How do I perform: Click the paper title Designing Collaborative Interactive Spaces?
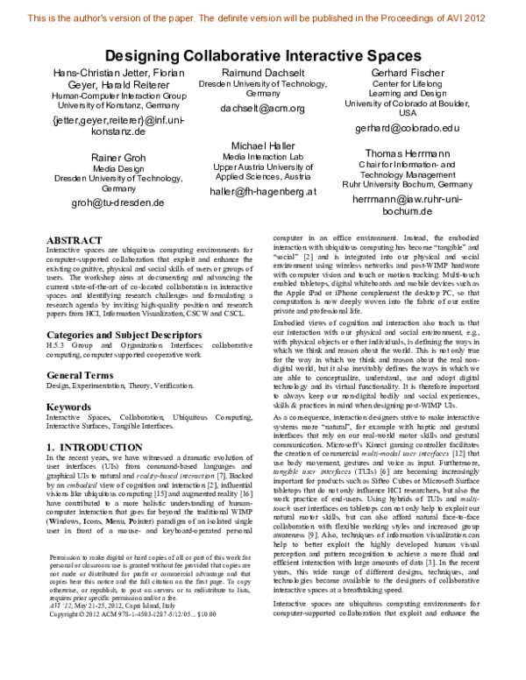[x=263, y=55]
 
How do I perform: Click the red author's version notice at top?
[x=263, y=16]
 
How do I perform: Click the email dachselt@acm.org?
[x=262, y=110]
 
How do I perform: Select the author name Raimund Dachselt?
[x=262, y=73]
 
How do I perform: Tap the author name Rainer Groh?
[x=119, y=157]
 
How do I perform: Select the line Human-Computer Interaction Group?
[x=119, y=95]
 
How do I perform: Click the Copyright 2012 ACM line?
[x=139, y=614]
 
